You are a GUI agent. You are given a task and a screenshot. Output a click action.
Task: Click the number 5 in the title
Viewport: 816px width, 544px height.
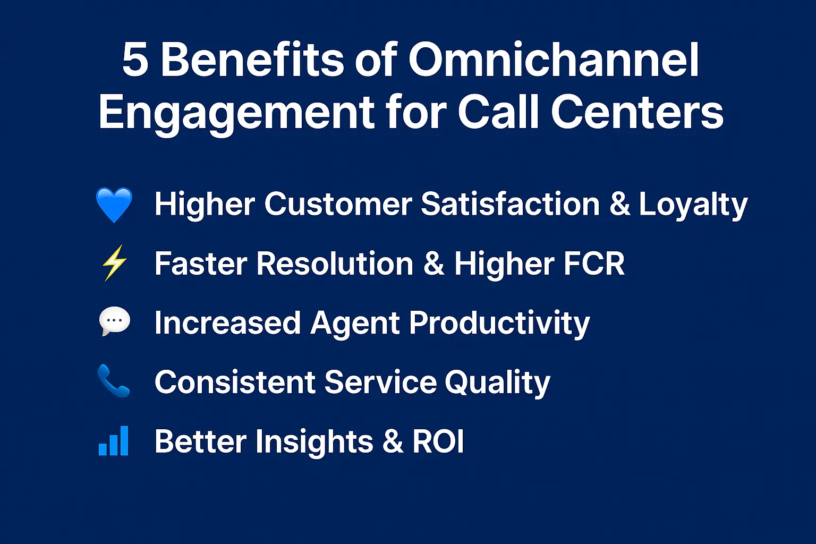(135, 59)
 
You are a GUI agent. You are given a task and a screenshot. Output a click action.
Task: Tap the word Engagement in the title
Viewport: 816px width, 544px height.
(236, 113)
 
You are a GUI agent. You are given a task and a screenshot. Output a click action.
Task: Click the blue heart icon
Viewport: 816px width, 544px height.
(114, 205)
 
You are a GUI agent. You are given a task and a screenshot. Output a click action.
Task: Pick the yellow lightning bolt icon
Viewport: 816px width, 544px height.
(114, 263)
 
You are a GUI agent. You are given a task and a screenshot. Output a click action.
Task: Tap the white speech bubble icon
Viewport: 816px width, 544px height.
(114, 321)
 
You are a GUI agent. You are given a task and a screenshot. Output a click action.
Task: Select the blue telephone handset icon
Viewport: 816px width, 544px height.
(114, 381)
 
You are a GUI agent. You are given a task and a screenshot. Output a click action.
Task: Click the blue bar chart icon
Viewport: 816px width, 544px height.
(114, 441)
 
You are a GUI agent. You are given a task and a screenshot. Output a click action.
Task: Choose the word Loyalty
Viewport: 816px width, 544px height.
(693, 205)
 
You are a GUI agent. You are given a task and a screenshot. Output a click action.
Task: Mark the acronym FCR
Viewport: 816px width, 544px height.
(593, 264)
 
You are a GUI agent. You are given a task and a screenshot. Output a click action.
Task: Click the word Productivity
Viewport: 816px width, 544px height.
(499, 324)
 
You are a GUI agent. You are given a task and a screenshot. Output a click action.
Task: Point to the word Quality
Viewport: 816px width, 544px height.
(497, 383)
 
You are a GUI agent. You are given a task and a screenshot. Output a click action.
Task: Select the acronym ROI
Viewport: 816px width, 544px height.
(438, 441)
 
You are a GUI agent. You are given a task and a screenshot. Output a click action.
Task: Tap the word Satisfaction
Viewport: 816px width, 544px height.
(510, 205)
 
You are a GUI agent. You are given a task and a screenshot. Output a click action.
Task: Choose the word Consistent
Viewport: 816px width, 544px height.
(235, 382)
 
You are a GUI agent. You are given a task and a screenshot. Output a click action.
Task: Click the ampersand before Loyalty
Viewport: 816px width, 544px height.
(619, 205)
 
